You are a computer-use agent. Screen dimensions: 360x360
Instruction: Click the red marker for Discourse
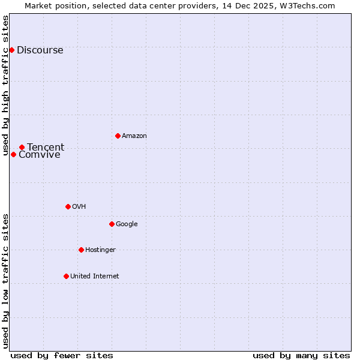pyautogui.click(x=12, y=50)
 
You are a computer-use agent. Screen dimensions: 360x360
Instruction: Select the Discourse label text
pyautogui.click(x=40, y=50)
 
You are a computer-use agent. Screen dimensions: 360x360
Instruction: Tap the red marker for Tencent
pyautogui.click(x=22, y=147)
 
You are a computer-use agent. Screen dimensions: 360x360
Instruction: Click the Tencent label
pyautogui.click(x=46, y=148)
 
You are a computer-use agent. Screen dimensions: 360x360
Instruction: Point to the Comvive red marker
pyautogui.click(x=13, y=154)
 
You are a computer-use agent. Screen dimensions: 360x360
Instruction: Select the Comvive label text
pyautogui.click(x=40, y=155)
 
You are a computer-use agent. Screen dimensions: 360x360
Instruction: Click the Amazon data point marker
pyautogui.click(x=118, y=136)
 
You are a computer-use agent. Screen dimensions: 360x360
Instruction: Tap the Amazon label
pyautogui.click(x=134, y=136)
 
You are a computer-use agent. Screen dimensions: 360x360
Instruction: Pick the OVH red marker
pyautogui.click(x=68, y=206)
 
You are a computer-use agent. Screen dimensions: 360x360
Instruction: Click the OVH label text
pyautogui.click(x=79, y=207)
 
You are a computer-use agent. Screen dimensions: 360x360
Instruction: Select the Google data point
pyautogui.click(x=112, y=224)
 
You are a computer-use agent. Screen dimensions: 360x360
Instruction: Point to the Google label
pyautogui.click(x=127, y=224)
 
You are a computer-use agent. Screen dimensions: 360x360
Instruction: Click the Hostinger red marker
pyautogui.click(x=81, y=250)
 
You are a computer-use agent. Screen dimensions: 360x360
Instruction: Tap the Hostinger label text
pyautogui.click(x=100, y=250)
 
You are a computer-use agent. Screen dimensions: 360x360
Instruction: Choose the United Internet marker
pyautogui.click(x=66, y=276)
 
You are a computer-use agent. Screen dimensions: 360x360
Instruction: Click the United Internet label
pyautogui.click(x=95, y=277)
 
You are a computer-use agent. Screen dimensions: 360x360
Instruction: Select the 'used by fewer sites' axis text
pyautogui.click(x=62, y=355)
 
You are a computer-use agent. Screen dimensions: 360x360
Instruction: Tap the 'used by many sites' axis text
pyautogui.click(x=301, y=355)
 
